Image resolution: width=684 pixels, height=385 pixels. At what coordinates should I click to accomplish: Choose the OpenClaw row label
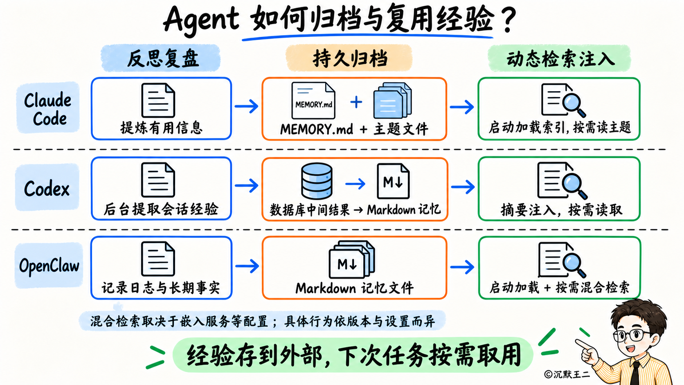(x=49, y=265)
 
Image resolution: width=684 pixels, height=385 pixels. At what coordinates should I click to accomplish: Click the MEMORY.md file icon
(x=313, y=101)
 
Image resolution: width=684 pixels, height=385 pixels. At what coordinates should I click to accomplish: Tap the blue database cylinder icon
(x=317, y=181)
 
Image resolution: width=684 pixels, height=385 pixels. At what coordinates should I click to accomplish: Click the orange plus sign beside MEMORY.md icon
(x=356, y=102)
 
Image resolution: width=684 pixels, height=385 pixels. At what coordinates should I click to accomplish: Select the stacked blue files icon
(x=392, y=101)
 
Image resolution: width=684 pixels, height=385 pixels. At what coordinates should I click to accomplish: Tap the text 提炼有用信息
(x=161, y=127)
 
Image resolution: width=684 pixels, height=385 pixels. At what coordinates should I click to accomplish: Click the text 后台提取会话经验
(x=161, y=209)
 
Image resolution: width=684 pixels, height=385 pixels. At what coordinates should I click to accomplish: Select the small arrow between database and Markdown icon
(x=355, y=184)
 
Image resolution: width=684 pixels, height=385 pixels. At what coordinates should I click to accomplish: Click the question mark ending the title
(x=508, y=20)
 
